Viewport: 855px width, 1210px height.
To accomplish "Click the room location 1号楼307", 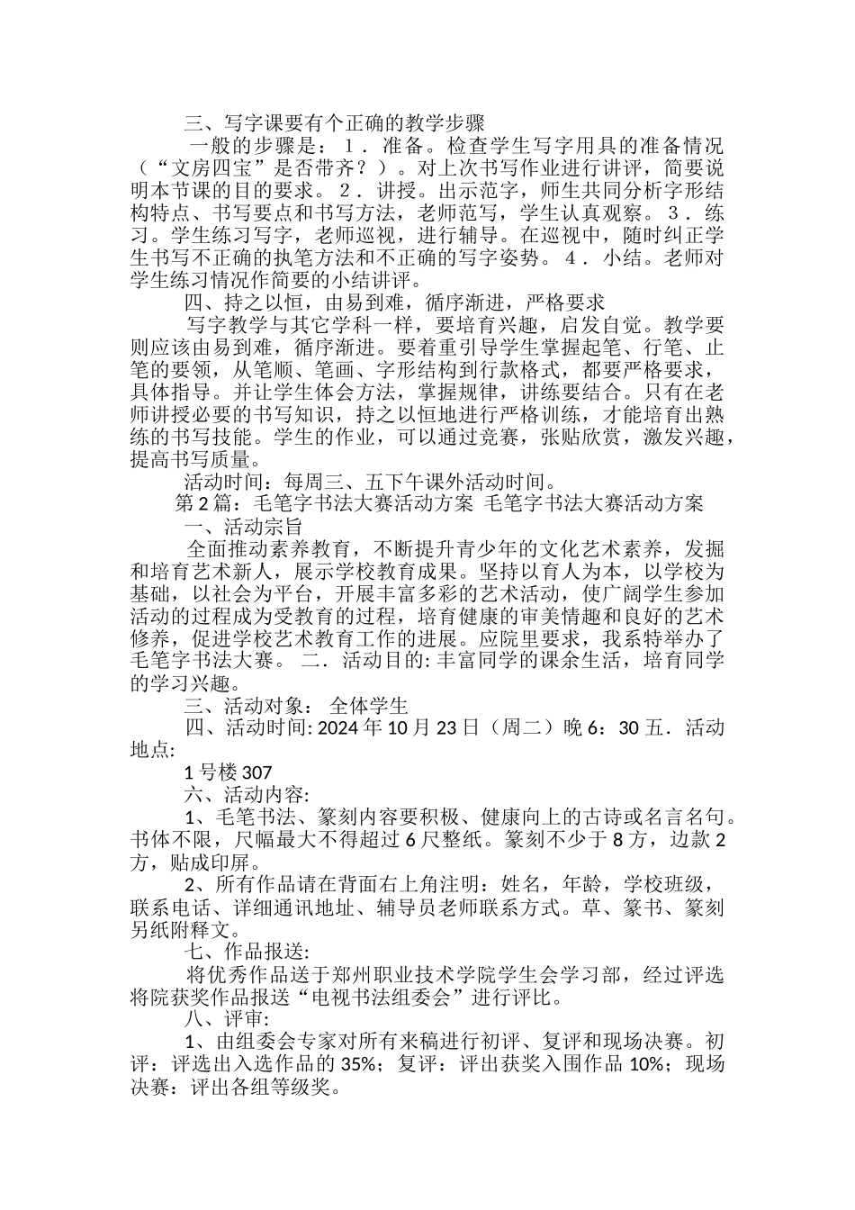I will point(228,772).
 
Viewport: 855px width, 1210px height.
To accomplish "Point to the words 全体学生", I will point(369,705).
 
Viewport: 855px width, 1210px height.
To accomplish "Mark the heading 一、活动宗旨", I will point(243,526).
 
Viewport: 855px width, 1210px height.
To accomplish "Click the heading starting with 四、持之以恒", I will point(394,302).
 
